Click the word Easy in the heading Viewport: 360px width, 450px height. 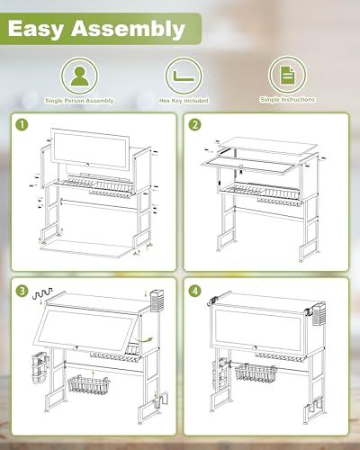click(x=36, y=29)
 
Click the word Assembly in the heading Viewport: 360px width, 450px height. click(x=128, y=29)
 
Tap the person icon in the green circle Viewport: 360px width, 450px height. click(x=79, y=76)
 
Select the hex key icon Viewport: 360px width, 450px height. click(x=184, y=76)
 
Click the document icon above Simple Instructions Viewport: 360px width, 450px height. click(x=287, y=75)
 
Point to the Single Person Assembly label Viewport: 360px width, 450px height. click(x=79, y=101)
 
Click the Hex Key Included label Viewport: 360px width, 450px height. click(x=184, y=101)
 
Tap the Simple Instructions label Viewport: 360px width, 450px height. click(x=287, y=100)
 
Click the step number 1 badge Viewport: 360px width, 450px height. click(x=22, y=125)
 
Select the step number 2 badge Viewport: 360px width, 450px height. click(x=195, y=125)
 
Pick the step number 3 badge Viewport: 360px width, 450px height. click(x=22, y=291)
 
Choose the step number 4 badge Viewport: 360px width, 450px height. click(x=195, y=291)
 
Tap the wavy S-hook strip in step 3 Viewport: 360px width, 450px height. click(x=41, y=292)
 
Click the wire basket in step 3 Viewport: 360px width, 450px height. click(x=89, y=385)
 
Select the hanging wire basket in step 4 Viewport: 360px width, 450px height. click(x=256, y=373)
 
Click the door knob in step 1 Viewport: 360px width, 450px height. click(x=87, y=165)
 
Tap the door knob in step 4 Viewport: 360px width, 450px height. click(x=256, y=348)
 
